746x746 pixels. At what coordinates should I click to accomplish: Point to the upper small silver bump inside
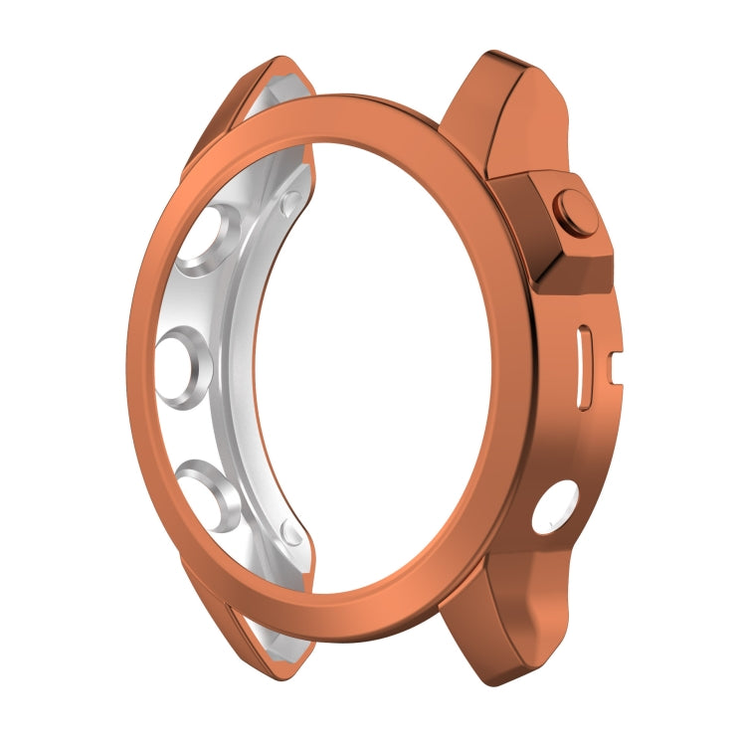tap(289, 204)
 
